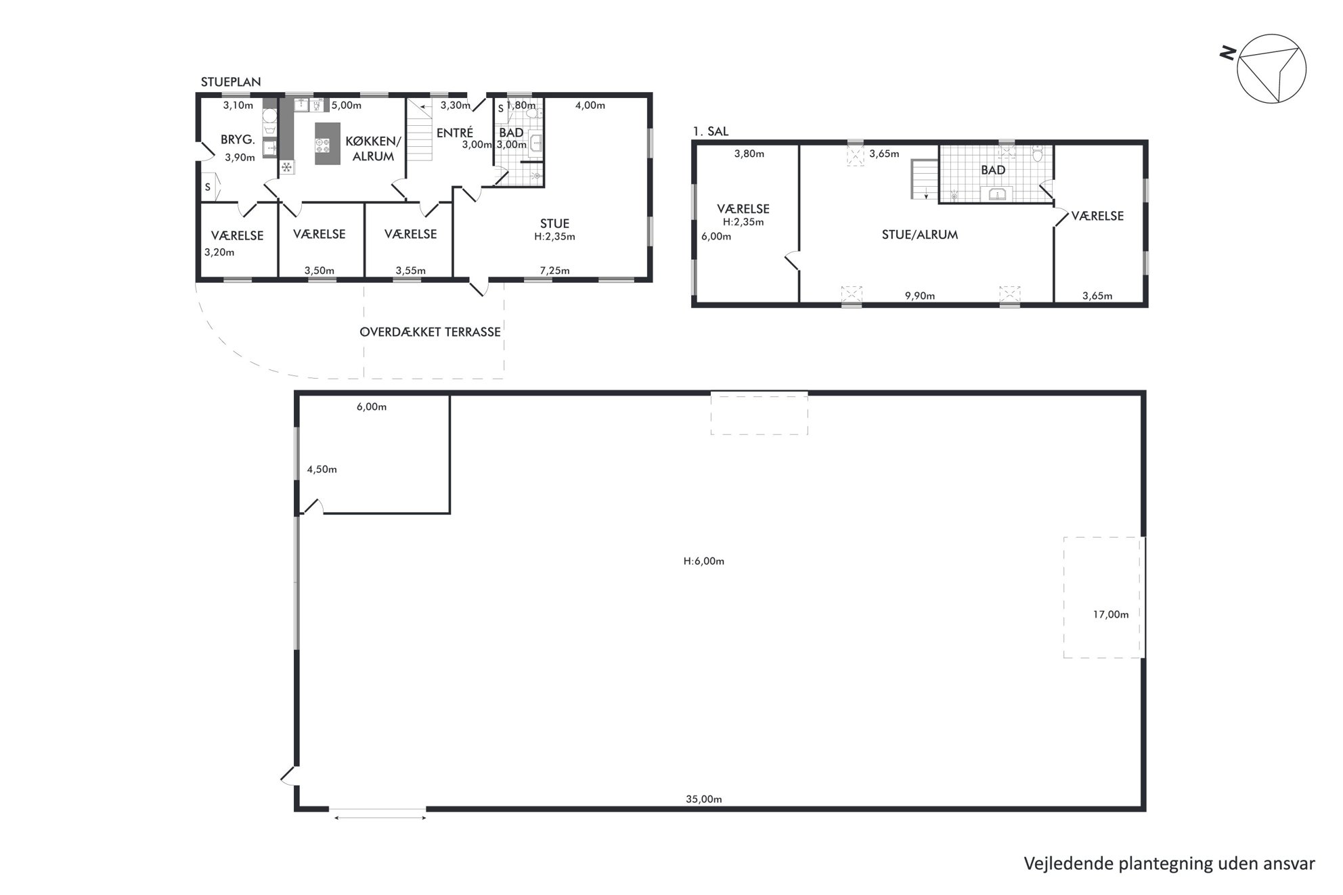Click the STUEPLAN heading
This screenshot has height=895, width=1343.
[x=231, y=82]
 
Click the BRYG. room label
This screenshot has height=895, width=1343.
[x=238, y=140]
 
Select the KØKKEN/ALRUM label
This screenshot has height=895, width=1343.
[x=373, y=149]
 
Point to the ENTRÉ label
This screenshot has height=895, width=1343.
[x=454, y=133]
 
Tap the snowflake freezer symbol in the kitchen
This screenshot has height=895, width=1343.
[x=287, y=166]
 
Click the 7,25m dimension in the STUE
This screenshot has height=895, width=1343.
[x=554, y=271]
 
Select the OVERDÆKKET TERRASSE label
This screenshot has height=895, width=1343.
[x=431, y=332]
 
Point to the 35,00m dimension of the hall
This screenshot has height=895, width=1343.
[x=704, y=799]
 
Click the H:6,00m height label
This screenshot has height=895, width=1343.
[x=704, y=561]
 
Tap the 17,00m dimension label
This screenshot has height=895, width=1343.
[x=1111, y=614]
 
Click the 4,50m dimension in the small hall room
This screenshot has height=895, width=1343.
[x=322, y=469]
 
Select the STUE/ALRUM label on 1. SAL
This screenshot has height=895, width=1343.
[x=920, y=235]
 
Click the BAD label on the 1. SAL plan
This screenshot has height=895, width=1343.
[x=993, y=170]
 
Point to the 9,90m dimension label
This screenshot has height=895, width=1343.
[x=920, y=296]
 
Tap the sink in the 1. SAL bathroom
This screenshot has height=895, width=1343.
[x=996, y=194]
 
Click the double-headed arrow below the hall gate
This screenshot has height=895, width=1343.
[x=380, y=819]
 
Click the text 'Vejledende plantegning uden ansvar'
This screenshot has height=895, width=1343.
[x=1169, y=864]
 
